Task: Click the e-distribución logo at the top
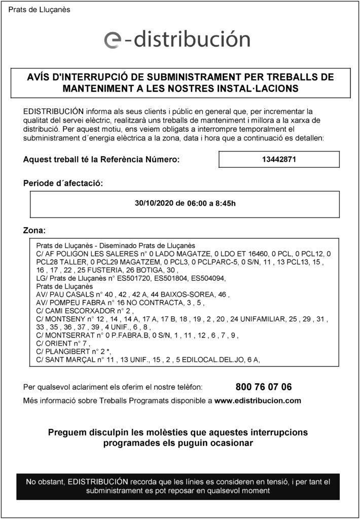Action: (177, 40)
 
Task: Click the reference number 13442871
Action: (279, 159)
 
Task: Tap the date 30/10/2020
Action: (154, 204)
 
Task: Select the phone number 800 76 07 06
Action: (264, 388)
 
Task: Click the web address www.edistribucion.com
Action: (258, 400)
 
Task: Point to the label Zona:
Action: (34, 231)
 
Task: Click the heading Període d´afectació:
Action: (63, 183)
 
